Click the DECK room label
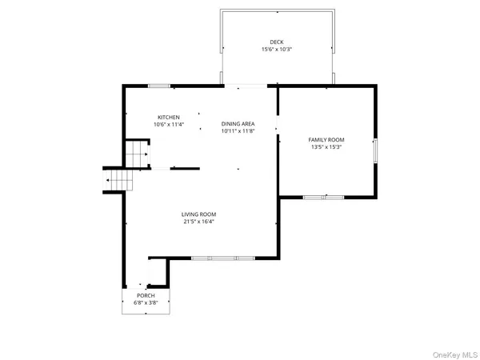pos(276,42)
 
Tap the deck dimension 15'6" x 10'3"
pos(276,50)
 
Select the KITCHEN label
pos(168,117)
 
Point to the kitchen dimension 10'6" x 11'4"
pos(168,125)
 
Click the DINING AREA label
pos(238,123)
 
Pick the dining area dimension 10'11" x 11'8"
pos(238,131)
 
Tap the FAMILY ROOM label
pos(326,139)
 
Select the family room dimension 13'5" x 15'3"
pos(326,147)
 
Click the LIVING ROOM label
pos(198,214)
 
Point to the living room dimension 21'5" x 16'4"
pos(198,222)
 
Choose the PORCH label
pos(146,295)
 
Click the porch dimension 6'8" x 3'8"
pos(146,303)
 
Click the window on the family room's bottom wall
pos(323,197)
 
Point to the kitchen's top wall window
pos(158,86)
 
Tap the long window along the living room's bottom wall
pos(222,258)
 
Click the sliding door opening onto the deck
pos(243,86)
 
